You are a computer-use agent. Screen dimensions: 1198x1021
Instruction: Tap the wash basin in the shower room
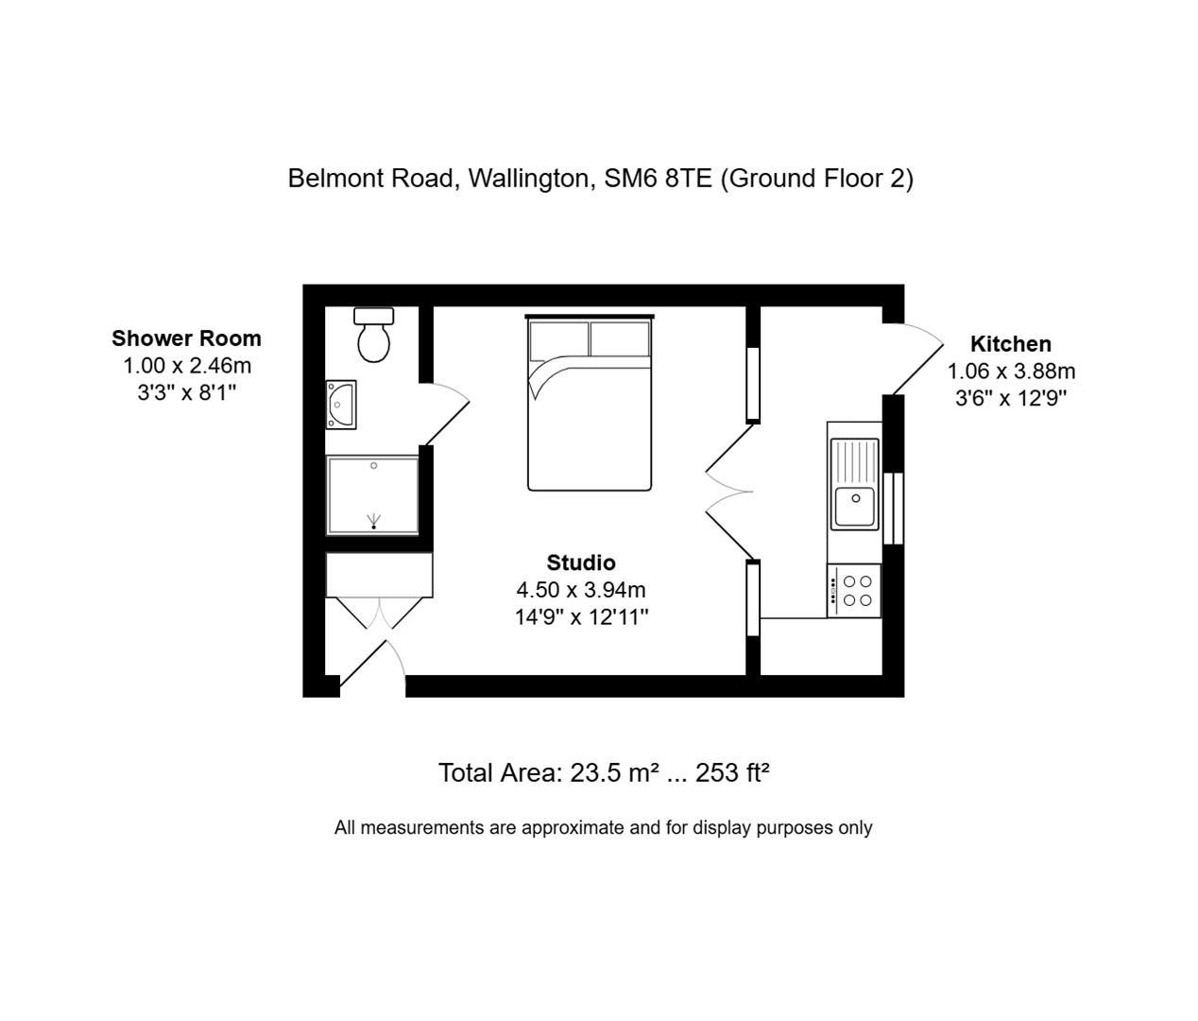[341, 405]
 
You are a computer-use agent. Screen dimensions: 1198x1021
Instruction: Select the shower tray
[372, 495]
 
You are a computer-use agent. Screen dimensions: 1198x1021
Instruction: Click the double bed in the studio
[590, 403]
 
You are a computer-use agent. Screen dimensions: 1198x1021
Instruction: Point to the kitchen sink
[854, 484]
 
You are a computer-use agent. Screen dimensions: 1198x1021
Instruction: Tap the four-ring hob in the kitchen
[854, 591]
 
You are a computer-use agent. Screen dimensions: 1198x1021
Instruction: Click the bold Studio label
[581, 562]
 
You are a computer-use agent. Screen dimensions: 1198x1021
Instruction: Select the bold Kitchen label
[1011, 344]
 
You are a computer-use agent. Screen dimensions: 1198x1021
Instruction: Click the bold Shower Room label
[187, 338]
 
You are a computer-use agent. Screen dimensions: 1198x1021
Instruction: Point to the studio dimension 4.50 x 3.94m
[581, 590]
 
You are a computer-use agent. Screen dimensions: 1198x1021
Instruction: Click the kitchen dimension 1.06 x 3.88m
[1011, 372]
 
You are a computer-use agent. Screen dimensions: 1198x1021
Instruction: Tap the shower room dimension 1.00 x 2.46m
[187, 366]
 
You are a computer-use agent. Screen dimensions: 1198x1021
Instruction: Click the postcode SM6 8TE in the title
[658, 178]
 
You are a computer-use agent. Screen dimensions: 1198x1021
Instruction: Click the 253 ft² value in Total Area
[732, 772]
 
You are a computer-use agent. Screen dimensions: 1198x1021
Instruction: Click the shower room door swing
[445, 414]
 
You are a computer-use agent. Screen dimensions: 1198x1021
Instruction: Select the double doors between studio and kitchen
[729, 492]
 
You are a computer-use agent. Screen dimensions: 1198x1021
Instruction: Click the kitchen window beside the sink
[893, 509]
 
